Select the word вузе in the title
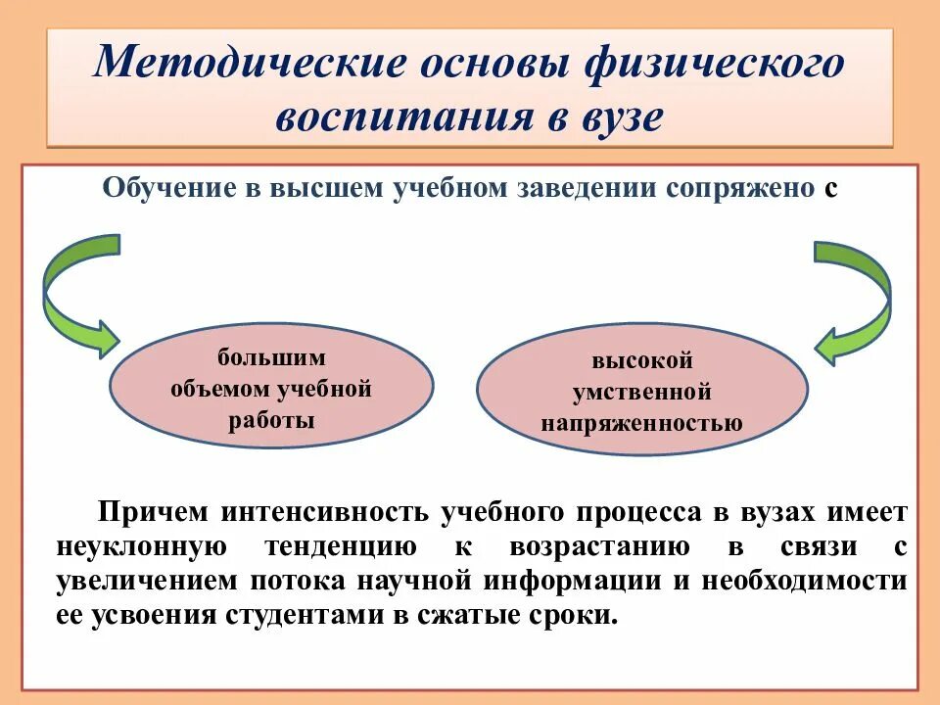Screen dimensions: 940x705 pos(617,117)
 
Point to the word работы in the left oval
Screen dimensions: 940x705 pos(271,421)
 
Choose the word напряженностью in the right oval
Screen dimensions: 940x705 pos(641,424)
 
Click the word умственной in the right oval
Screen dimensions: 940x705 pos(641,393)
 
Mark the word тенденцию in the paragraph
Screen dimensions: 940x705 pos(341,546)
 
